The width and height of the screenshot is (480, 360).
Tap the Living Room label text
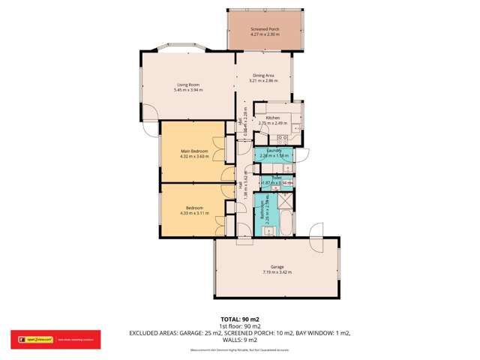point(187,84)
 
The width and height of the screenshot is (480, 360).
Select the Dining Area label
point(262,75)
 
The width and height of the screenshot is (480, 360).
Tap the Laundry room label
point(274,151)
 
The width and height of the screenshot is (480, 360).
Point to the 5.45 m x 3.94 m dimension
point(188,90)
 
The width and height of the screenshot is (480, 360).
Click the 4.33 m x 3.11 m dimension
point(193,213)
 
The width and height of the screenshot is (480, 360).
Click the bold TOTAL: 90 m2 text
point(240,319)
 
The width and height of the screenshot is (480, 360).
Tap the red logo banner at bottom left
point(34,339)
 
